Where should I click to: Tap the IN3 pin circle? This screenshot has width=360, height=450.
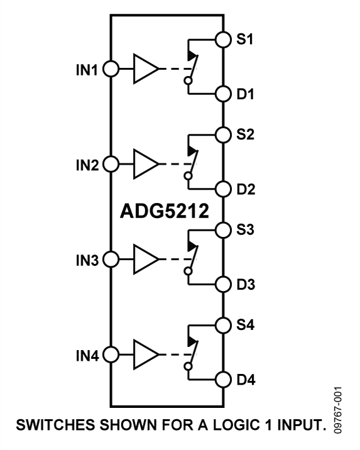point(111,258)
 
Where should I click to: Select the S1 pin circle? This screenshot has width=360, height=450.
point(222,40)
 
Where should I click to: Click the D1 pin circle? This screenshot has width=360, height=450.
point(222,94)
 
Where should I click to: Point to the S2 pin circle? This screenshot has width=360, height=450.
point(222,134)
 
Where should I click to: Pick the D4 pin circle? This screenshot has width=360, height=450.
point(222,379)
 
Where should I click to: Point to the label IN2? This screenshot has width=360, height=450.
point(87,165)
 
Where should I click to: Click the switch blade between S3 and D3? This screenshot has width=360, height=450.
point(193,256)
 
